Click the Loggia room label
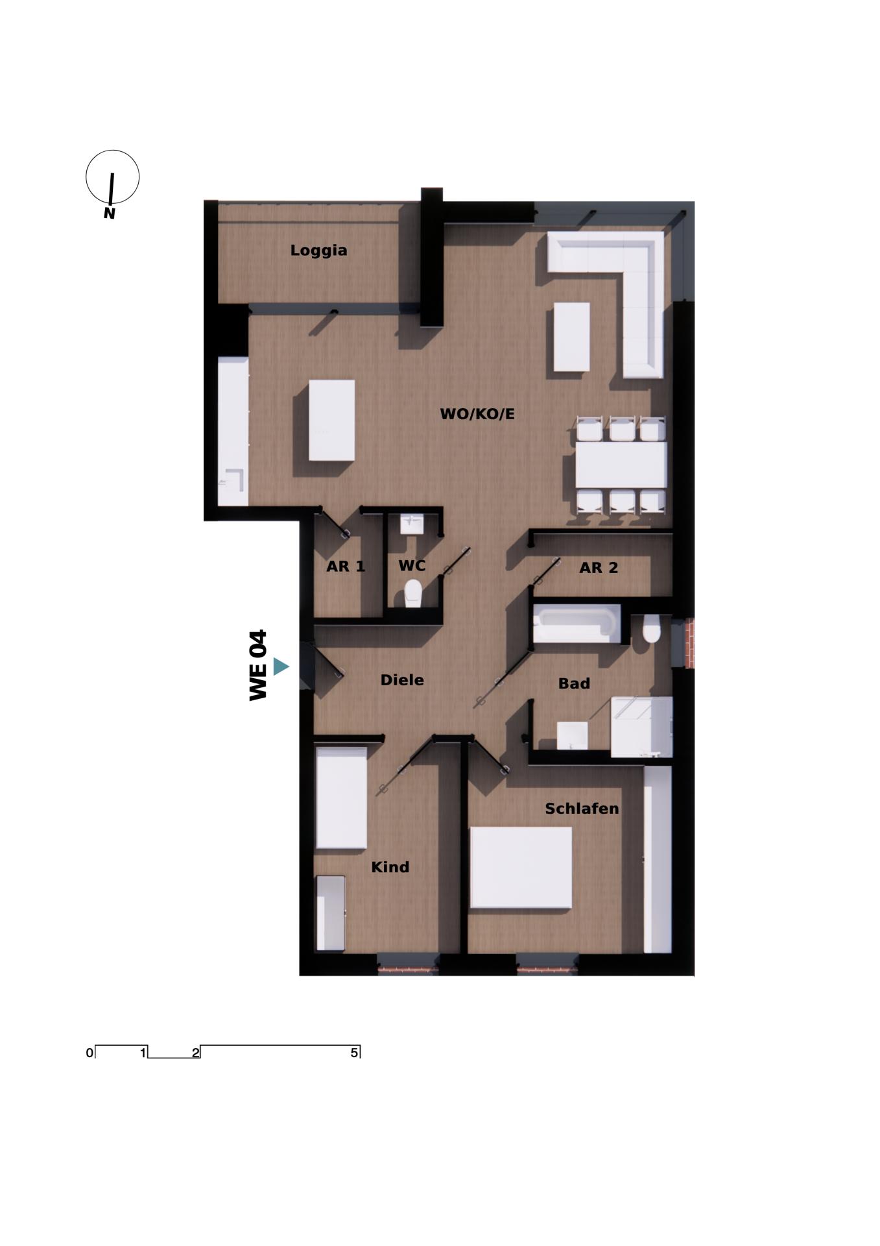coord(318,250)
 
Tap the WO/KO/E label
coord(477,414)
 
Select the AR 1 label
coord(346,567)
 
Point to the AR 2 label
coord(599,568)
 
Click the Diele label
coord(402,680)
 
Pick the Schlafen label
coord(582,809)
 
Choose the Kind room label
coord(390,867)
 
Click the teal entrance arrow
coord(281,666)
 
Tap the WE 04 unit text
coord(258,665)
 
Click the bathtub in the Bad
coord(576,624)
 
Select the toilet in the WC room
coord(413,592)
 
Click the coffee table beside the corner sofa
coord(572,337)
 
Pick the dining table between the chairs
coord(621,465)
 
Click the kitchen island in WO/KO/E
coord(331,420)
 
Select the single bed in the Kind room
coord(341,798)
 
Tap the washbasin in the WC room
coord(411,524)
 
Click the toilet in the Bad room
coord(651,628)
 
